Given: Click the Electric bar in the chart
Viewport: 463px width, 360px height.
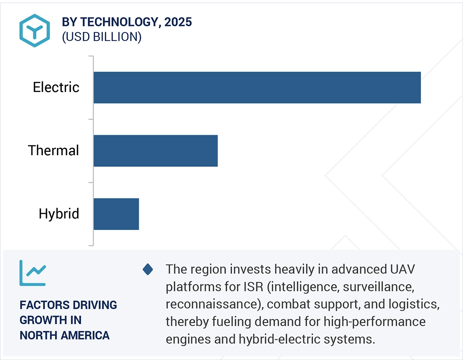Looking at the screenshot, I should pos(257,88).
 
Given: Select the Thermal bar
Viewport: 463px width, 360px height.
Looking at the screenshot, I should pos(156,151).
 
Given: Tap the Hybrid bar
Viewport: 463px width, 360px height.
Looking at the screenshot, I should pos(116,214).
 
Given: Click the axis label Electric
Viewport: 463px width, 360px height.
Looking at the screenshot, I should pos(56,88).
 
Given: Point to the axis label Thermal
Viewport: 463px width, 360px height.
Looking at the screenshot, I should pos(53,151).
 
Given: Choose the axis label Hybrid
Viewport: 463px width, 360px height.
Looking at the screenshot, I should pos(59,214).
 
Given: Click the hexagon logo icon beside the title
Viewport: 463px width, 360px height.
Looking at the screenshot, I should pos(34,30).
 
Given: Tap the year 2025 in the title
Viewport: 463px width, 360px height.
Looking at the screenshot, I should pos(178,23).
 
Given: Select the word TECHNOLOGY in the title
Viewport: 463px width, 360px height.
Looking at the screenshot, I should pos(119,23).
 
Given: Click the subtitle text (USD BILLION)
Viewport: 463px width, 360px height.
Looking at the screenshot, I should pos(101,37).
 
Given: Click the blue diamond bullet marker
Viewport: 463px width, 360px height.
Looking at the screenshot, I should pos(148,270).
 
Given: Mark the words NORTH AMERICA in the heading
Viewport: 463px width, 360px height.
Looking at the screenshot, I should pos(65,335).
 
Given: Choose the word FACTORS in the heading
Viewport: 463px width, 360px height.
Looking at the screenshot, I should pos(43,305).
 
